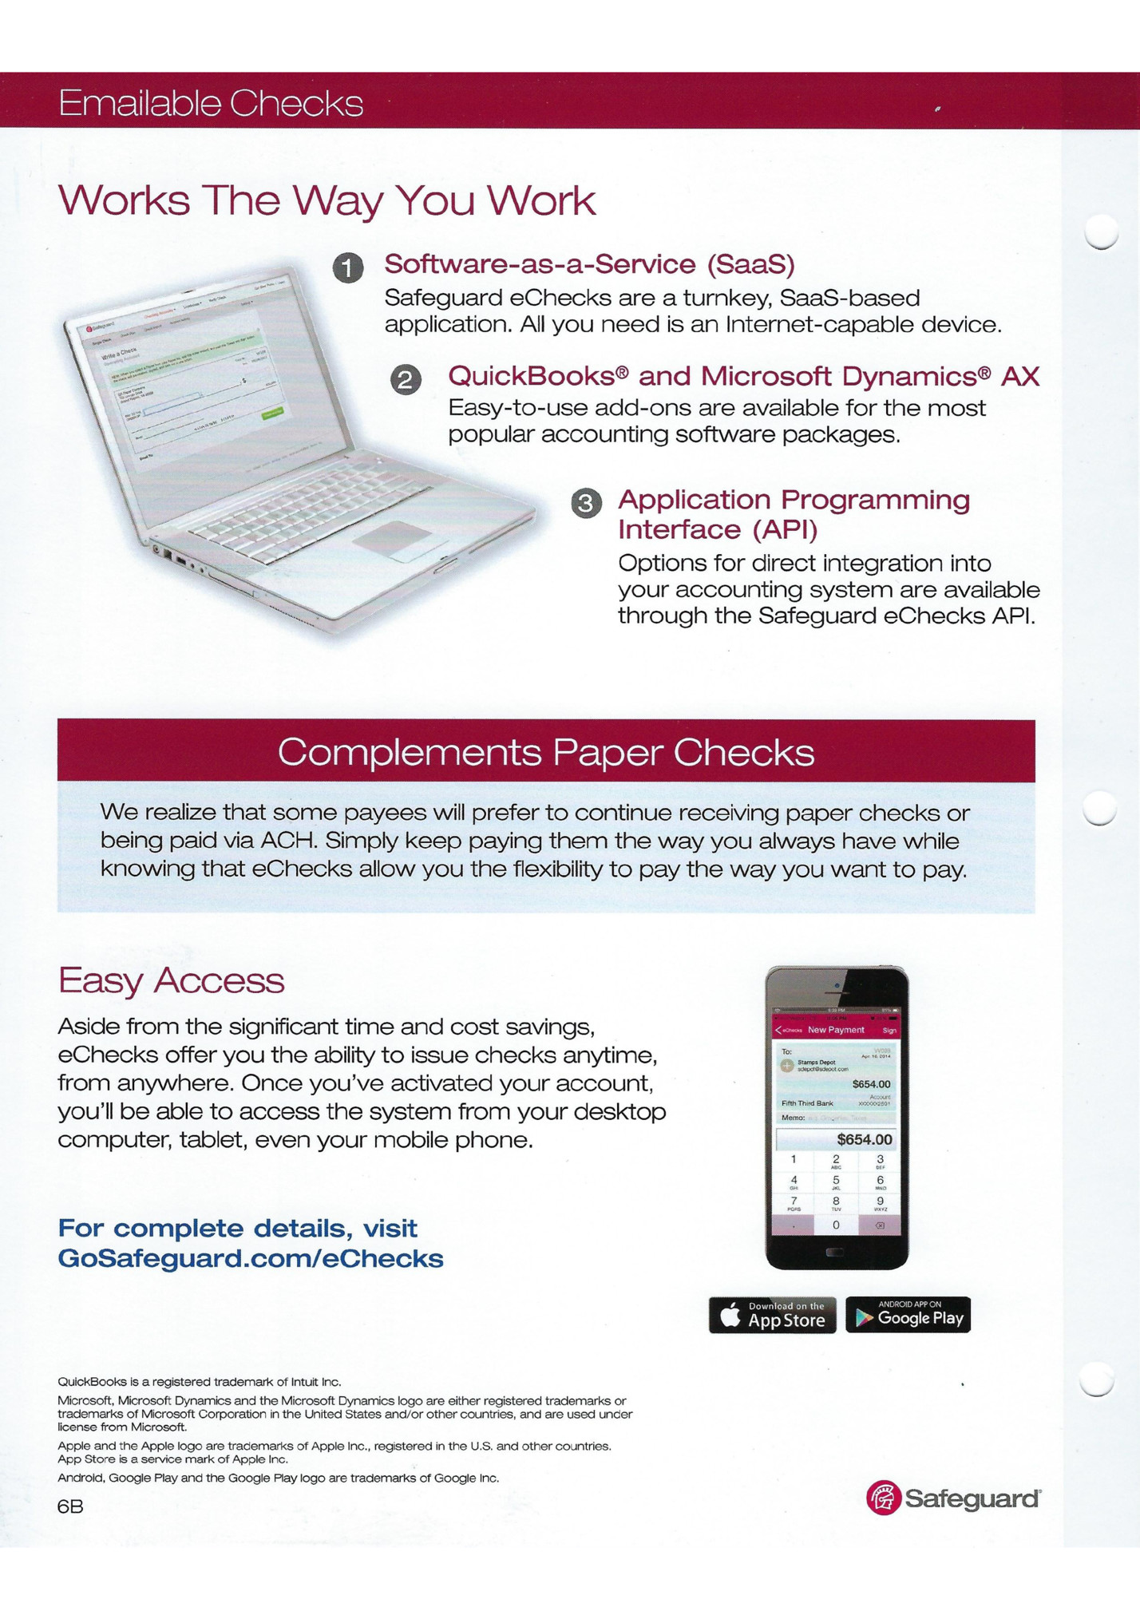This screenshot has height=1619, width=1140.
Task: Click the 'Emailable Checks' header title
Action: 211,104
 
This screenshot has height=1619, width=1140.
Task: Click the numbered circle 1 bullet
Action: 348,268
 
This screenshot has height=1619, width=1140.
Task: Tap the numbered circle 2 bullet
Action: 406,379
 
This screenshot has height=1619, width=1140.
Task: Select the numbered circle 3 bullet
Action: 586,503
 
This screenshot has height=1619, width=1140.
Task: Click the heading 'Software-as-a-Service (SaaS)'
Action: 589,264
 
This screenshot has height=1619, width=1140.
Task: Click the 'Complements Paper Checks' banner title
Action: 546,752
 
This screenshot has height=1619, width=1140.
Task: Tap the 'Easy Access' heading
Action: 171,980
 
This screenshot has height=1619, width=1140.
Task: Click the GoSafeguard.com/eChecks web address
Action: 251,1259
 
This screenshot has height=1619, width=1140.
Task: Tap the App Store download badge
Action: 772,1315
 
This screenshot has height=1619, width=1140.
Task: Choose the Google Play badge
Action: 908,1315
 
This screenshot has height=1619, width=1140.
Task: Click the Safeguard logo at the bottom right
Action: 953,1498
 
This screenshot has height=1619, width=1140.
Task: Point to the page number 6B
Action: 70,1506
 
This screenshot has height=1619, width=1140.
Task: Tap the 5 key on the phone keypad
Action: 836,1181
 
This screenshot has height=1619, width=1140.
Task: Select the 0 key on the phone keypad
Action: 836,1225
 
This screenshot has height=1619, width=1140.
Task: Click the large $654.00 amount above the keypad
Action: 864,1139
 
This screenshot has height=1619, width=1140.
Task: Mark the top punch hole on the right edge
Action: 1103,232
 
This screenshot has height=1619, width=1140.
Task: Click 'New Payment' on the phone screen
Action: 836,1030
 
